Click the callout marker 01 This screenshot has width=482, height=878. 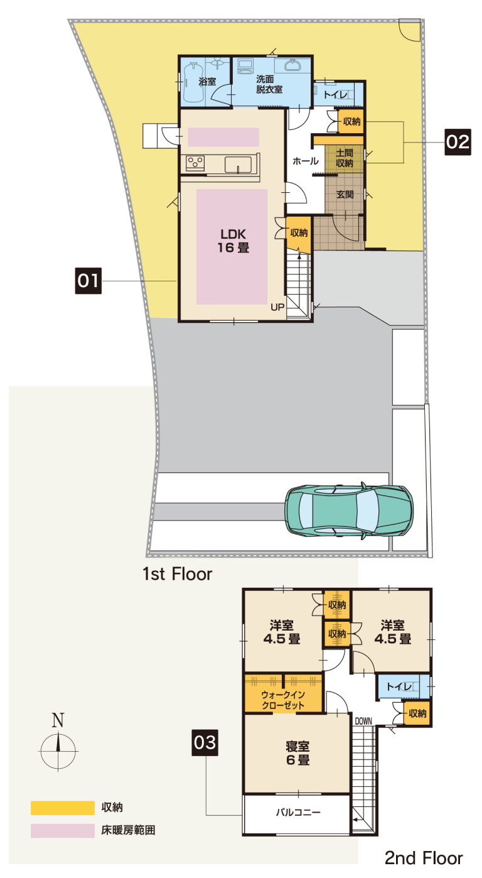pyautogui.click(x=88, y=281)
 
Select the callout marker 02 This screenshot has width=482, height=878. pyautogui.click(x=458, y=142)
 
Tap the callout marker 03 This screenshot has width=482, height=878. pyautogui.click(x=205, y=742)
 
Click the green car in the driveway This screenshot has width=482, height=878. pyautogui.click(x=348, y=511)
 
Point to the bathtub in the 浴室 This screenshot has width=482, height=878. pyautogui.click(x=194, y=83)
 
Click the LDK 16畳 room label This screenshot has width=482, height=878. pyautogui.click(x=233, y=241)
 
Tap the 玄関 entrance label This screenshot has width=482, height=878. pyautogui.click(x=345, y=194)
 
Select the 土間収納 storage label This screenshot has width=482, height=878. pyautogui.click(x=344, y=158)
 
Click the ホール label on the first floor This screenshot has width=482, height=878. pyautogui.click(x=306, y=161)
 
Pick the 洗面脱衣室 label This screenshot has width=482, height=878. pyautogui.click(x=269, y=84)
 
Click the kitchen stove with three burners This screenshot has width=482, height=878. pyautogui.click(x=195, y=163)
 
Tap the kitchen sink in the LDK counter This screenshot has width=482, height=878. pyautogui.click(x=238, y=165)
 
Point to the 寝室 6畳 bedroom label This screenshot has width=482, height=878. pyautogui.click(x=297, y=753)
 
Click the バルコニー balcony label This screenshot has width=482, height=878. pyautogui.click(x=298, y=812)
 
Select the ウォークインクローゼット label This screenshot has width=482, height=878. pyautogui.click(x=282, y=700)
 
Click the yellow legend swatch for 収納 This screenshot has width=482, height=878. pyautogui.click(x=63, y=808)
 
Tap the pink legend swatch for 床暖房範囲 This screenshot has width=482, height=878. pyautogui.click(x=63, y=830)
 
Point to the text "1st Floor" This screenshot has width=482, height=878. pyautogui.click(x=177, y=574)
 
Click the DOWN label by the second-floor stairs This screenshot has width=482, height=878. pyautogui.click(x=363, y=721)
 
